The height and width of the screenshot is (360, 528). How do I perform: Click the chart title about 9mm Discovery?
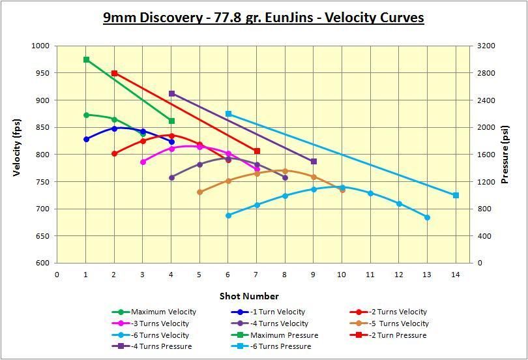tap(263, 18)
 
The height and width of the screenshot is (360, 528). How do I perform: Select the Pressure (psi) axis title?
tap(505, 155)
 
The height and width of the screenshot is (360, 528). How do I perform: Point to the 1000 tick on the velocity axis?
tap(40, 46)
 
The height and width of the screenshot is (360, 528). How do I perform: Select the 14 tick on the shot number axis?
tap(456, 275)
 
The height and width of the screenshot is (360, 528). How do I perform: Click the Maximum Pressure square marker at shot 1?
tap(86, 59)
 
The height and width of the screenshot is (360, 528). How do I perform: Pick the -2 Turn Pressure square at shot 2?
tap(115, 73)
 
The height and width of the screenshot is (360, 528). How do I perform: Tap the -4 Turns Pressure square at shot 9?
tap(314, 161)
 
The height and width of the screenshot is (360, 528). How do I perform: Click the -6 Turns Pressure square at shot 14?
tap(456, 195)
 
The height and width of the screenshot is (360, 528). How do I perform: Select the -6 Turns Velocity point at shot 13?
tap(427, 217)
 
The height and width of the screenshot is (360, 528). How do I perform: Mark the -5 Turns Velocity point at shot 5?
tap(199, 192)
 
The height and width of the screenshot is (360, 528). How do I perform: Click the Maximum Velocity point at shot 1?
tap(86, 115)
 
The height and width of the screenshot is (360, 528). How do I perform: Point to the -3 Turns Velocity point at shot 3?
tap(143, 162)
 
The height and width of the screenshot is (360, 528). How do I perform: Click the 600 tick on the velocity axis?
tap(42, 263)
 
